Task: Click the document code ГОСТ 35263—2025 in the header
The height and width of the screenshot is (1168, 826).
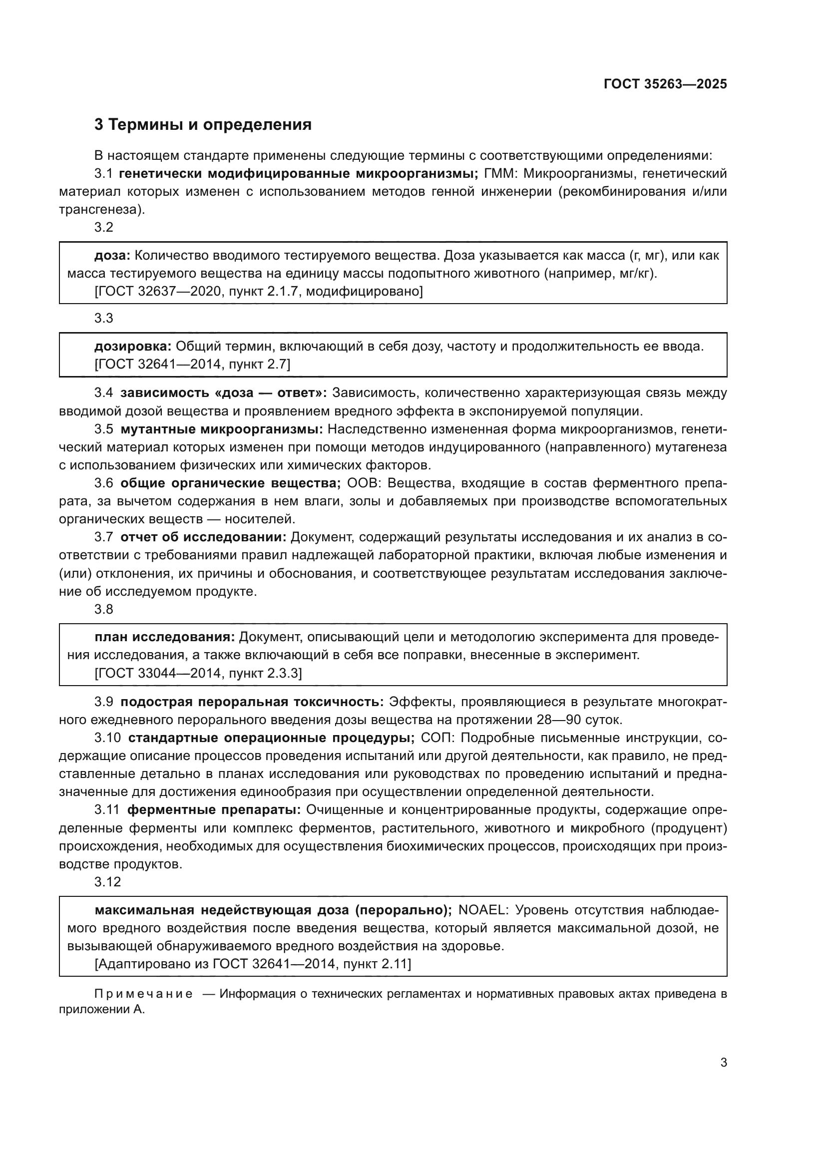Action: click(665, 84)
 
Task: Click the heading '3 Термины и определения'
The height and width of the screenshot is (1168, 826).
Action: click(203, 125)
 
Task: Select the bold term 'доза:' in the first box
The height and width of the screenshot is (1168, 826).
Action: click(112, 255)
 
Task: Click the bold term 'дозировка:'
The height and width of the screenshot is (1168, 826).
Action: click(133, 347)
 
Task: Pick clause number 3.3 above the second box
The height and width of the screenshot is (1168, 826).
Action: click(104, 319)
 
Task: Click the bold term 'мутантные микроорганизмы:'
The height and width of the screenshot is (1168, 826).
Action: click(222, 429)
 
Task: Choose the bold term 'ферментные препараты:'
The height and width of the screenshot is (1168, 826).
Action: click(214, 810)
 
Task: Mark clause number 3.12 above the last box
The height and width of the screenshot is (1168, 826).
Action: click(107, 881)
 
